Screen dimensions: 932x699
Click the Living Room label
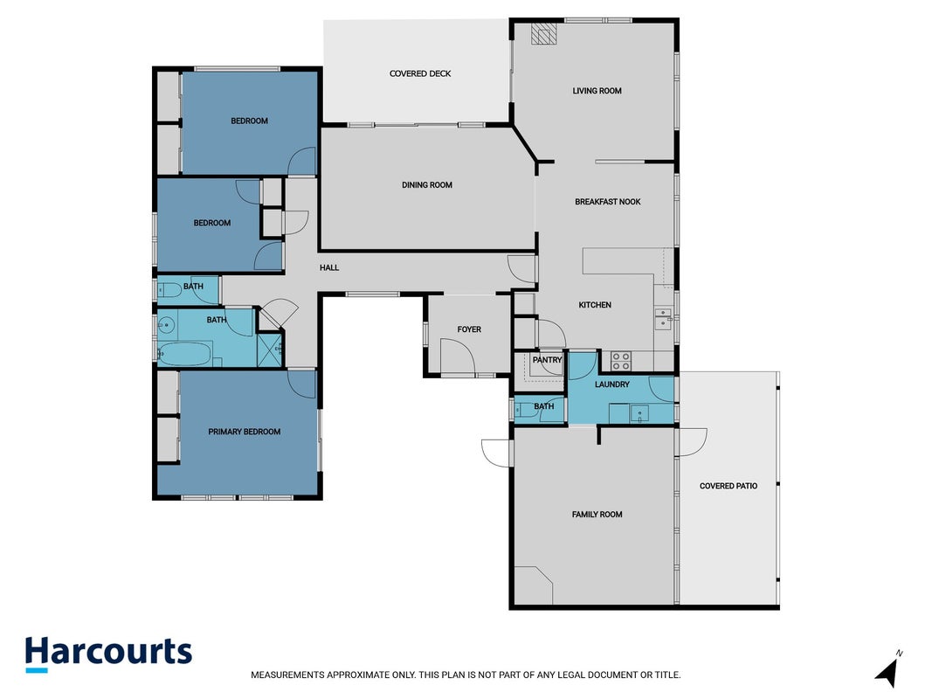click(597, 91)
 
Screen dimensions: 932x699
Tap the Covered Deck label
click(420, 73)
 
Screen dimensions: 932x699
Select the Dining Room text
click(427, 185)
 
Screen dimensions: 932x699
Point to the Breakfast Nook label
click(607, 202)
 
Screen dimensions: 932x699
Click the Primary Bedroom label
click(245, 432)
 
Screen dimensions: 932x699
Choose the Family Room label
click(597, 514)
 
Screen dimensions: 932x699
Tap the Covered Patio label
click(728, 486)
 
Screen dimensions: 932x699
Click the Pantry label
click(547, 360)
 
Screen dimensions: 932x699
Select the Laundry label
click(611, 384)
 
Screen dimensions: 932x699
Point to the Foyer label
click(469, 329)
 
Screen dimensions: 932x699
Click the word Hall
click(329, 267)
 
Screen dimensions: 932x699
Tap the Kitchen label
click(594, 305)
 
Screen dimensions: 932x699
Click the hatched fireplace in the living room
click(543, 34)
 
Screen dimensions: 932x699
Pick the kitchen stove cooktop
click(621, 361)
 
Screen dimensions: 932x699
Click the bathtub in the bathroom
click(185, 354)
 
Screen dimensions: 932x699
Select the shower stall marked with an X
click(269, 350)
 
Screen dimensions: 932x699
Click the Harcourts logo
click(108, 654)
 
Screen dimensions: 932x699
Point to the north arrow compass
click(889, 669)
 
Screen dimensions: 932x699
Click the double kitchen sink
click(663, 319)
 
